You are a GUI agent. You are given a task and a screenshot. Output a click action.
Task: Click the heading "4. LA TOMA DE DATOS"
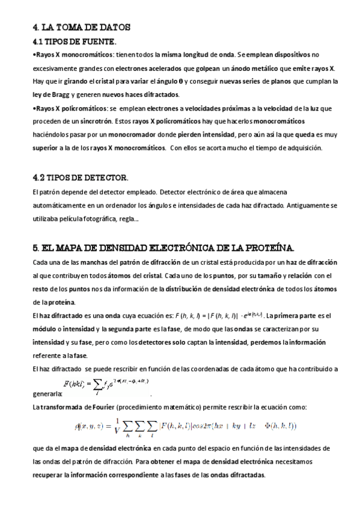coord(81,27)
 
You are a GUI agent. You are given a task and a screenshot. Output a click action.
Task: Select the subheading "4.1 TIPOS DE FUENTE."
coord(74,41)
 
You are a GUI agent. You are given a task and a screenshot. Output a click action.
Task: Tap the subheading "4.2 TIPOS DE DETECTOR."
coord(79,178)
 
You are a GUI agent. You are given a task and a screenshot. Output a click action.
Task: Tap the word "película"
coord(87,218)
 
